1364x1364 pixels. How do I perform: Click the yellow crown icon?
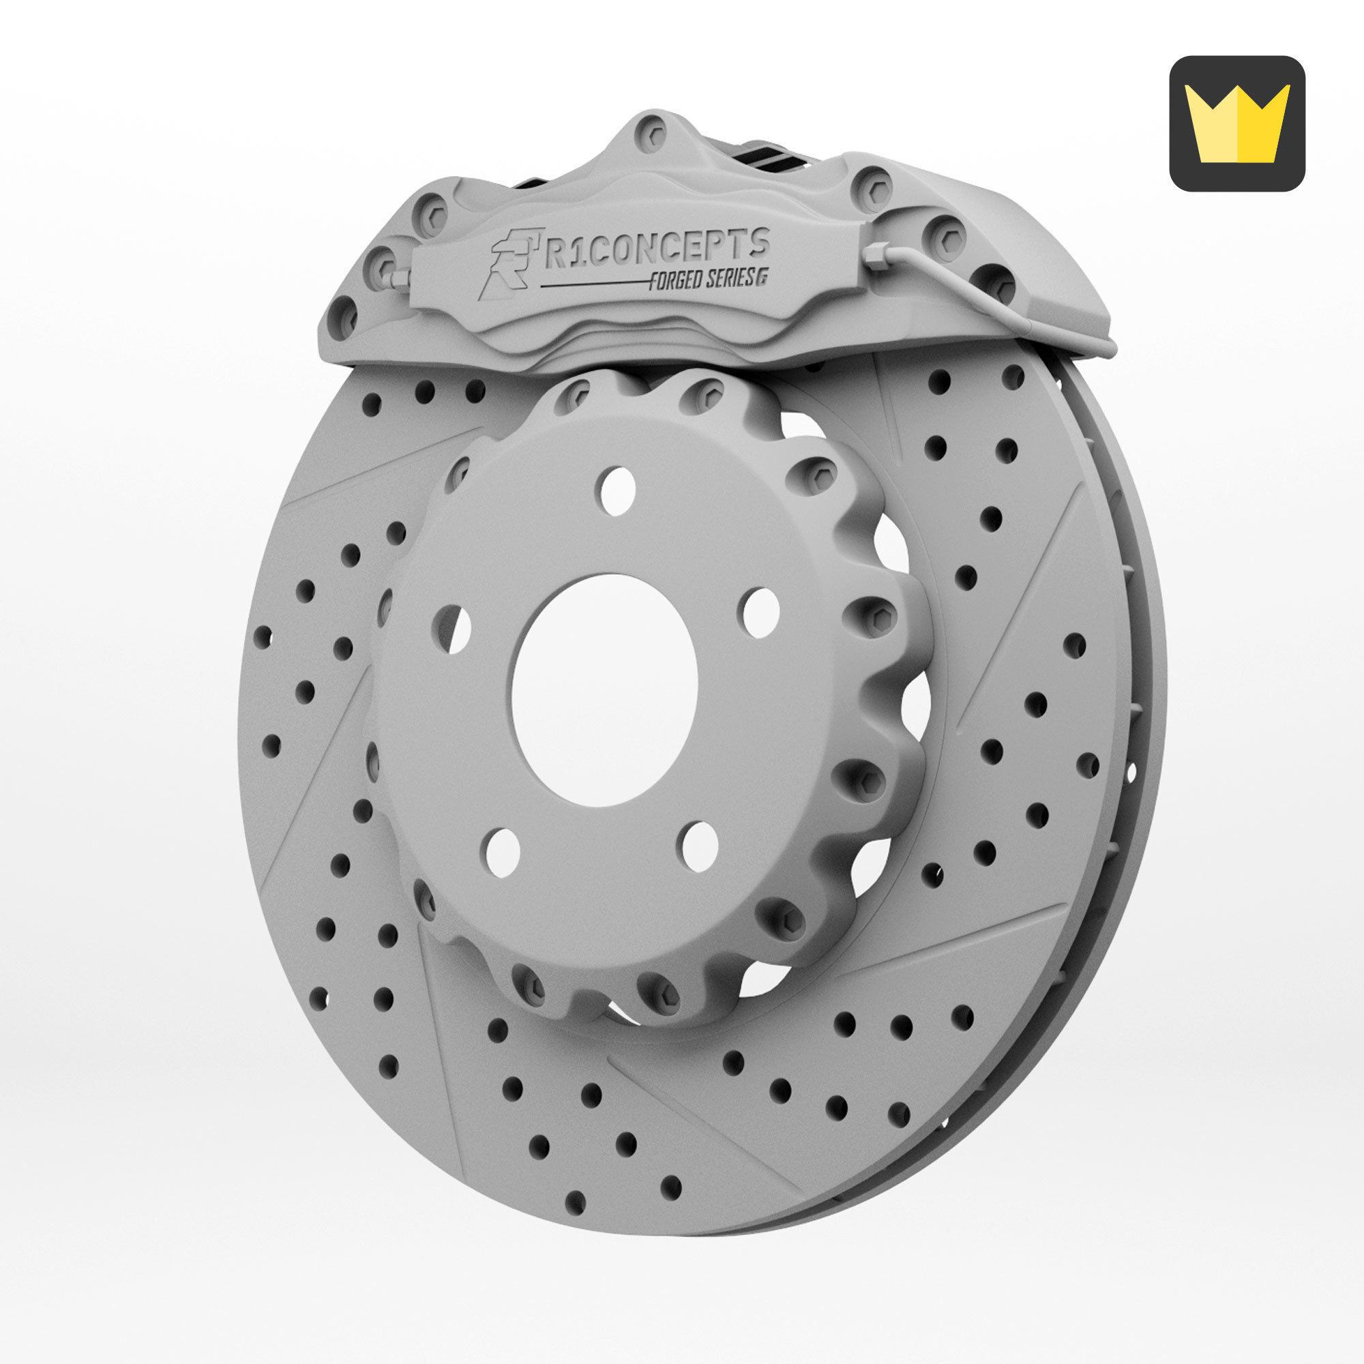(1237, 123)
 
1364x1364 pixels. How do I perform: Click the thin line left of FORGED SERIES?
(593, 285)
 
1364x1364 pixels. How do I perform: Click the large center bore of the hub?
(604, 690)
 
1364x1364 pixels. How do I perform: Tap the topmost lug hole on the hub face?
(619, 489)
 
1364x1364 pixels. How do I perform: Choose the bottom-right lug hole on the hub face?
(700, 845)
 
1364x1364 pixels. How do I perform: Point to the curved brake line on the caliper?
(988, 297)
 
